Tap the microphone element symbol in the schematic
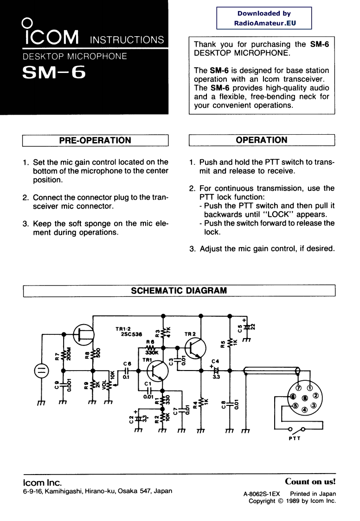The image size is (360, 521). [40, 370]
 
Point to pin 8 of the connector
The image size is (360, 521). [304, 398]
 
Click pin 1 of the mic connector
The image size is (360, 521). [309, 388]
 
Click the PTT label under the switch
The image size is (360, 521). [294, 439]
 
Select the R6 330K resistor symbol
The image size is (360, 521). [149, 347]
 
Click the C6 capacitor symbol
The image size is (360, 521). [126, 370]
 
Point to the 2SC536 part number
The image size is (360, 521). [131, 334]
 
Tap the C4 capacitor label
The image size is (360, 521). [214, 361]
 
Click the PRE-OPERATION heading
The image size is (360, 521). [95, 140]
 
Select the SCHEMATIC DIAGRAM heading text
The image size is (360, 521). [179, 291]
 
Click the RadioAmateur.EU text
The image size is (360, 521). [264, 22]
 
